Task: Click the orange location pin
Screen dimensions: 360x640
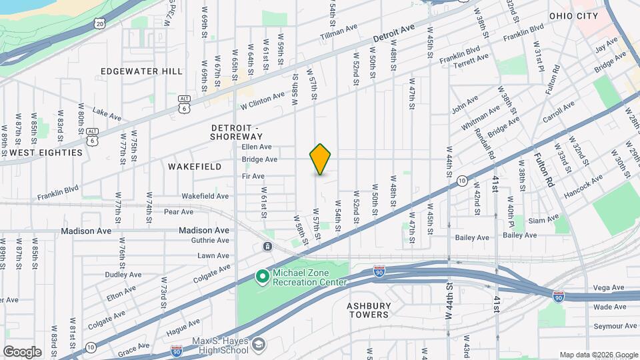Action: coord(320,159)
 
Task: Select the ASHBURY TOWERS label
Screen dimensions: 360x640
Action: coord(367,310)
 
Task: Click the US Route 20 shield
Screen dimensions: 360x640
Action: coord(99,23)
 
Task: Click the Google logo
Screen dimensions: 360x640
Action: coord(22,351)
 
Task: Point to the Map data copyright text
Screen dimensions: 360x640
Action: coord(598,354)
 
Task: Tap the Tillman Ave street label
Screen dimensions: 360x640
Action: coord(339,31)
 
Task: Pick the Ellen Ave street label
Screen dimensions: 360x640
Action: coord(257,147)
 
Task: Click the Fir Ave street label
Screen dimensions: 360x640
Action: coord(253,177)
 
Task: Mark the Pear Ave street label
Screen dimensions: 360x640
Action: coord(178,212)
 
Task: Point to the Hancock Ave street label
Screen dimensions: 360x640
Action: coord(587,183)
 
